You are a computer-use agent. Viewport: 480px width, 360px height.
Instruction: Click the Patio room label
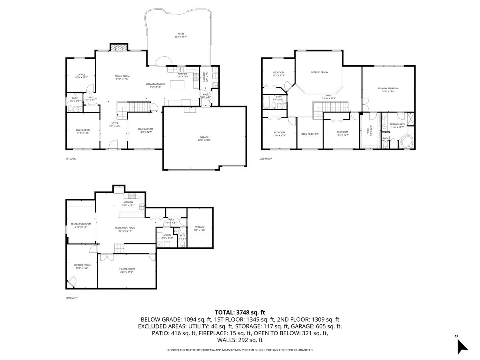coord(181,35)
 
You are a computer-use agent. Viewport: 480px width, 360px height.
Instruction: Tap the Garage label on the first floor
coord(204,138)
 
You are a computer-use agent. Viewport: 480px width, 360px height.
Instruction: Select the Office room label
coord(81,76)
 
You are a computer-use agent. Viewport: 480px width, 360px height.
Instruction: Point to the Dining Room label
coord(146,130)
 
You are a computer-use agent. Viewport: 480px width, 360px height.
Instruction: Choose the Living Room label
coord(83,131)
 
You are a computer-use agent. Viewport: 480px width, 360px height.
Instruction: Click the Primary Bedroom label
coord(388,90)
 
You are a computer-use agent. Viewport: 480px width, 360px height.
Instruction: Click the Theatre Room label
coord(126,270)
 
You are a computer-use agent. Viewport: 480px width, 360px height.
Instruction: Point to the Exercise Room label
coord(82,266)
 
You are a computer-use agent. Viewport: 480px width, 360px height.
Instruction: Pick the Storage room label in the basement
coord(200,228)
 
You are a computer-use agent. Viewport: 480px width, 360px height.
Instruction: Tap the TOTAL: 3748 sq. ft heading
coord(240,312)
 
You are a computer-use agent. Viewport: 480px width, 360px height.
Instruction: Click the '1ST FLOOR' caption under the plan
coord(70,159)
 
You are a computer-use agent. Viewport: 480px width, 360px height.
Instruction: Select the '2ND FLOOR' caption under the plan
coord(266,159)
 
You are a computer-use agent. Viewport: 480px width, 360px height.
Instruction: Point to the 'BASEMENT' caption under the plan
coord(72,298)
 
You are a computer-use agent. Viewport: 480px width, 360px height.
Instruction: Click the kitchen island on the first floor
coord(176,85)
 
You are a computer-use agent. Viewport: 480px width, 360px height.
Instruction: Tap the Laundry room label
coord(204,76)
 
